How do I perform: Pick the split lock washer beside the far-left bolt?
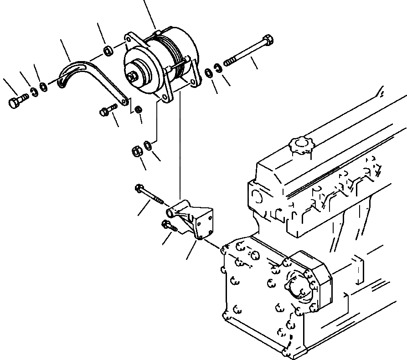point(34,94)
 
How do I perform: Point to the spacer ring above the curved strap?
point(108,51)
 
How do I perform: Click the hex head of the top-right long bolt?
point(268,41)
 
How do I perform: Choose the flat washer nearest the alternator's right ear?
point(208,72)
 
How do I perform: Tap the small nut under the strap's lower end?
point(139,109)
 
